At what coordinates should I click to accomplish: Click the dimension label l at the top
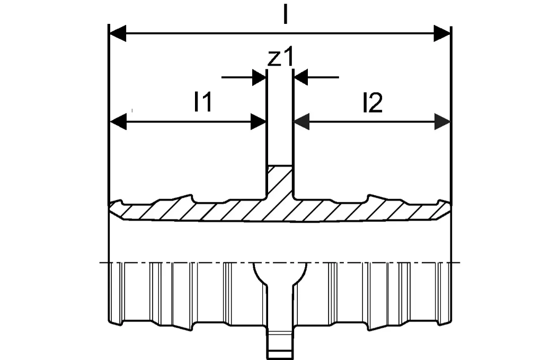[285, 15]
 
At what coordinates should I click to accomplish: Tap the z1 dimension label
[281, 57]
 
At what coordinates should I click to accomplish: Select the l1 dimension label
[203, 102]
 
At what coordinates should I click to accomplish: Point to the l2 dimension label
[372, 103]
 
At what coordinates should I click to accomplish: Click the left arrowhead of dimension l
[118, 33]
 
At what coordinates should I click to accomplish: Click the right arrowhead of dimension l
[442, 33]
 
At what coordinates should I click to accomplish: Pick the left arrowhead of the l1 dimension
[118, 122]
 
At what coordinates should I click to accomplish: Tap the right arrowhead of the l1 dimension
[258, 122]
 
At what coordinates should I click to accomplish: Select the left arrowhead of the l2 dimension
[301, 122]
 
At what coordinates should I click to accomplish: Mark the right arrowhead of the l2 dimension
[442, 122]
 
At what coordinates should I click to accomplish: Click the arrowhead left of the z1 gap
[259, 77]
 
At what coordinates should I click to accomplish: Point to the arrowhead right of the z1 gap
[300, 77]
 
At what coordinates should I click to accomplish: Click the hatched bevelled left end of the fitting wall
[116, 210]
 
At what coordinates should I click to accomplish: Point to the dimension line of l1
[188, 122]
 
